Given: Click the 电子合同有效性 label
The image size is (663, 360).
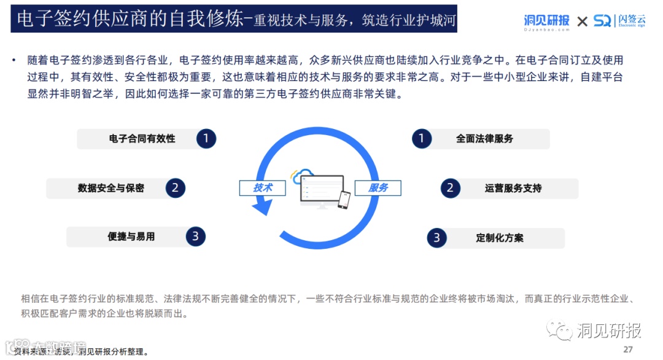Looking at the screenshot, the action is coord(142,139).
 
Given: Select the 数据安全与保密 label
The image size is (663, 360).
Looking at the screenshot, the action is coord(110,188).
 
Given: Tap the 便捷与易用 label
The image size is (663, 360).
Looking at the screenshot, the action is coord(131,237).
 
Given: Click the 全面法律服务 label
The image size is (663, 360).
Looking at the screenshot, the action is coord(484,139).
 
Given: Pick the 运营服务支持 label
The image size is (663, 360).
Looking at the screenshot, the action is coord(513,188).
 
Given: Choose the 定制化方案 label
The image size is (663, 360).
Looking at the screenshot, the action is coord(500,238).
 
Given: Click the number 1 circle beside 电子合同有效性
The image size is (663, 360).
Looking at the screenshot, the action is coord(206,139).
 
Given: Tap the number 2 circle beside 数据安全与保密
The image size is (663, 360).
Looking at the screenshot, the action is coord(175,188).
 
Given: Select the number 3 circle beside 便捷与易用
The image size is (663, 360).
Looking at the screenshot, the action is coord(195,236).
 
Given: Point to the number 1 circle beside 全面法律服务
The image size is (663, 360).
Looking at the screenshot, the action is coord(421,139).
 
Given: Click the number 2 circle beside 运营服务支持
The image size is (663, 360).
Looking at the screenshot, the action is coord(450,188).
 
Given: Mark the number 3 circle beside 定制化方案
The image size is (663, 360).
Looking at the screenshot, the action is coord(436,238).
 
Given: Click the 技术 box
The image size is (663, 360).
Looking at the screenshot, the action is coord(262,188).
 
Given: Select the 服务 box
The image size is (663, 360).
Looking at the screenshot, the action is coord(378,188).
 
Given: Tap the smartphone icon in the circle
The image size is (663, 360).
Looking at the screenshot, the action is coord(344,199).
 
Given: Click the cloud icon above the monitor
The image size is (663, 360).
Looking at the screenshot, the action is coord(303,176).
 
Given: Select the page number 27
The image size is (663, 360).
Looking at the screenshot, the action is coord(627,350).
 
